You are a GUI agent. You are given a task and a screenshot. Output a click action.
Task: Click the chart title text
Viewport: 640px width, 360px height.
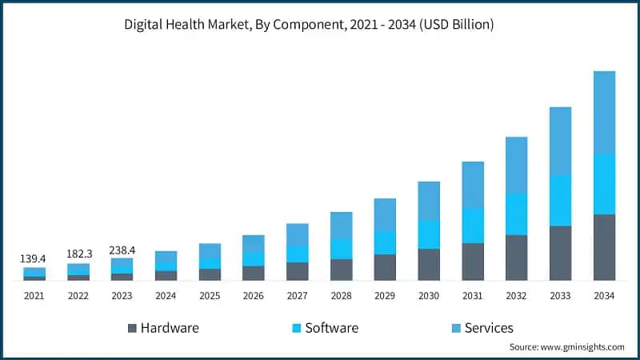tap(309, 25)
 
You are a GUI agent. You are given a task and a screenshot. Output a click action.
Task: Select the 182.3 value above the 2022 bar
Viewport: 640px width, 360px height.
tap(78, 254)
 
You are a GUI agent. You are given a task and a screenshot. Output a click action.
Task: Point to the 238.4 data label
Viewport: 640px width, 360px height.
tap(122, 250)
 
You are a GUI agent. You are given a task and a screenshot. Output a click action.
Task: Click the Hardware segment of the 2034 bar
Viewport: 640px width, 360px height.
tap(604, 247)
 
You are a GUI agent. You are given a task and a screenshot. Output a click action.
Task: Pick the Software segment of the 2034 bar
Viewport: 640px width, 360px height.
tap(604, 183)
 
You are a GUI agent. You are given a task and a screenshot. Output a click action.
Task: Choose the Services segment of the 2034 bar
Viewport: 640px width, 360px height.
tap(604, 112)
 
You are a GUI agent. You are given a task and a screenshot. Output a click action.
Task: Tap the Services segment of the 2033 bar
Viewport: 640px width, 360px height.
tap(560, 141)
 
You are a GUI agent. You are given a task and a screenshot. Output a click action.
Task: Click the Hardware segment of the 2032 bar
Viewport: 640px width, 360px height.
tap(516, 258)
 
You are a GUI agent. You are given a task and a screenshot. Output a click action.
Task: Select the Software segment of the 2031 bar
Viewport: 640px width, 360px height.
tap(473, 226)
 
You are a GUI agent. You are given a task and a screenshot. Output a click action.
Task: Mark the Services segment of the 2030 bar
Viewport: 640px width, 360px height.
tap(429, 201)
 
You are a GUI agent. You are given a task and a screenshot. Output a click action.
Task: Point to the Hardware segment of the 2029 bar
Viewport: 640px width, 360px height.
tap(385, 267)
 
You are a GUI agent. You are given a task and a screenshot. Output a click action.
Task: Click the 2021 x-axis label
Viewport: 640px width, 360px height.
tap(34, 296)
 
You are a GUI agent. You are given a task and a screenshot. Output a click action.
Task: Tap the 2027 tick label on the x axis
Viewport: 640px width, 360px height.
tap(298, 296)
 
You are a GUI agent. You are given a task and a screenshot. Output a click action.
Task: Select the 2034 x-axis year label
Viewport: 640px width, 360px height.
tap(604, 296)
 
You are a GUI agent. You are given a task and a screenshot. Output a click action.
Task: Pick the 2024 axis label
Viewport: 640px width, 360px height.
tap(166, 296)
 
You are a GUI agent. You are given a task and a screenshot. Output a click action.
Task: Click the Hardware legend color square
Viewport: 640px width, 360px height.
tap(132, 328)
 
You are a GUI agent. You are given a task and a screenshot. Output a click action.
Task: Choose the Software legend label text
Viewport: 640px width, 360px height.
tap(331, 328)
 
